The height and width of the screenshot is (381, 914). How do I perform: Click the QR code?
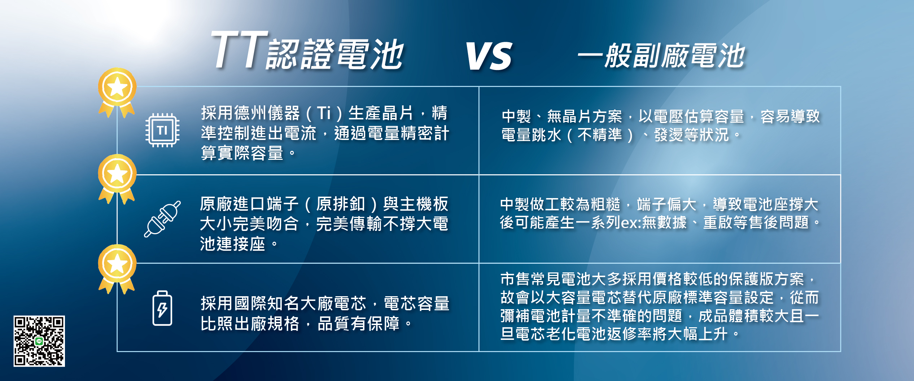click(x=39, y=341)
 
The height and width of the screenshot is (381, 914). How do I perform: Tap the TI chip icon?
click(x=162, y=130)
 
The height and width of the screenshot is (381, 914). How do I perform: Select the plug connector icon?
click(x=162, y=219)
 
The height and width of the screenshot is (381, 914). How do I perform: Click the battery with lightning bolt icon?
click(x=162, y=308)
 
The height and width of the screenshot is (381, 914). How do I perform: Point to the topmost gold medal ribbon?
click(x=117, y=93)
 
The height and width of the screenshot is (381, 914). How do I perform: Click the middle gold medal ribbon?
click(x=117, y=179)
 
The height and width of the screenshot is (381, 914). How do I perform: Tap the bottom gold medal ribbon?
click(x=117, y=269)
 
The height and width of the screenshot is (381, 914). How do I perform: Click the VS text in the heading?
click(x=489, y=56)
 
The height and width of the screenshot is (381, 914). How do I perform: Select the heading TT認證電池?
click(x=308, y=51)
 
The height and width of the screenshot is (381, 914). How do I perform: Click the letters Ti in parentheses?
click(x=324, y=113)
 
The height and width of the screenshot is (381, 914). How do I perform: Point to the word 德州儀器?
click(x=267, y=113)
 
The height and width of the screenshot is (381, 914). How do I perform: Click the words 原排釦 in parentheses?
click(x=341, y=204)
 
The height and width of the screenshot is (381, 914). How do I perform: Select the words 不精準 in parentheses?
click(x=600, y=135)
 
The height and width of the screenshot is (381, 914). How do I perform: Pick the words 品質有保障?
click(x=358, y=324)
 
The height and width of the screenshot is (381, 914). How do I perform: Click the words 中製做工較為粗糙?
click(x=560, y=204)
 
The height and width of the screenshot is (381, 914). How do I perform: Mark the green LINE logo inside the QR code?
click(x=39, y=341)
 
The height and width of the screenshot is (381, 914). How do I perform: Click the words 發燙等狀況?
click(x=692, y=135)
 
